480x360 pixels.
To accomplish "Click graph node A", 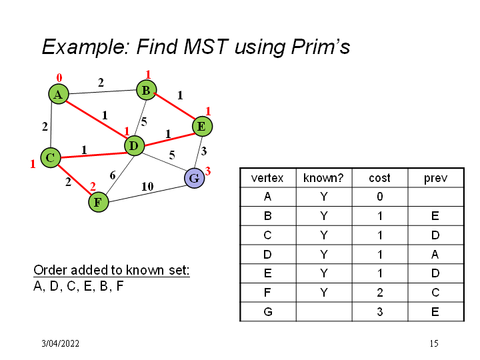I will (x=59, y=95).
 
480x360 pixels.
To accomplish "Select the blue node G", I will (x=194, y=178).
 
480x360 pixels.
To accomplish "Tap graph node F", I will (x=98, y=201).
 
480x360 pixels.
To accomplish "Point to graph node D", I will (x=134, y=145).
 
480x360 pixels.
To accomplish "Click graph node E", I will (x=201, y=126).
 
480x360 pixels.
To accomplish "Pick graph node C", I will (x=50, y=158).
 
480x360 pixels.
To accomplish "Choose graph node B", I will (x=146, y=89).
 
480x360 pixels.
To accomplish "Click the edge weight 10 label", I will (x=148, y=187).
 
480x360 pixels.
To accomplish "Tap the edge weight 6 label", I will (x=113, y=175).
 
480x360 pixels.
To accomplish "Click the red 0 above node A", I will (x=59, y=78).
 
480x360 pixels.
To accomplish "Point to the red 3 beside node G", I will (x=208, y=171).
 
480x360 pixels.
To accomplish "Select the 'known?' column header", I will (x=323, y=178).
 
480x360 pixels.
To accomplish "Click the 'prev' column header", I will (x=435, y=178).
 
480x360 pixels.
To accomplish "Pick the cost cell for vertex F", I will (x=379, y=292).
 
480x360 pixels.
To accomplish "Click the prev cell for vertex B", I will (x=435, y=216).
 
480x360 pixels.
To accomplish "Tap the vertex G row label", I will (x=267, y=311).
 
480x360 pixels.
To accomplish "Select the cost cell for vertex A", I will (x=379, y=197).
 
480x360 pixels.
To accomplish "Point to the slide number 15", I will (x=434, y=344).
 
